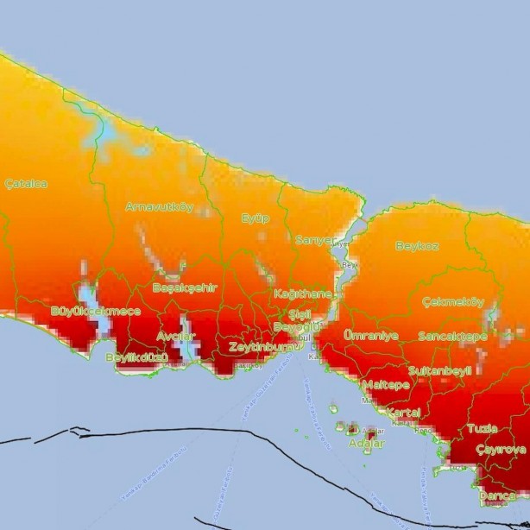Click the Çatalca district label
coord(26,184)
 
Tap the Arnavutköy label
coord(159,207)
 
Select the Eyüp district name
coord(255,218)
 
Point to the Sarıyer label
coord(314,240)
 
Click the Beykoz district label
coord(417,246)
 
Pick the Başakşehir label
coord(185,287)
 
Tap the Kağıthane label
coord(303,293)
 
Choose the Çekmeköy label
coord(454,302)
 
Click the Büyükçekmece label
coord(96,311)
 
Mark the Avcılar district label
coord(176,336)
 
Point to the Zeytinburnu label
coord(262,347)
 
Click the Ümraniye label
coord(371,334)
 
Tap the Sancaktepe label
coord(452,336)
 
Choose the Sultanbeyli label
coord(439,370)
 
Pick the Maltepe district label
coord(385,384)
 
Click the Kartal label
coord(403,413)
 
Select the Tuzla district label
coord(483,428)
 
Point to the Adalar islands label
coord(366,444)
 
